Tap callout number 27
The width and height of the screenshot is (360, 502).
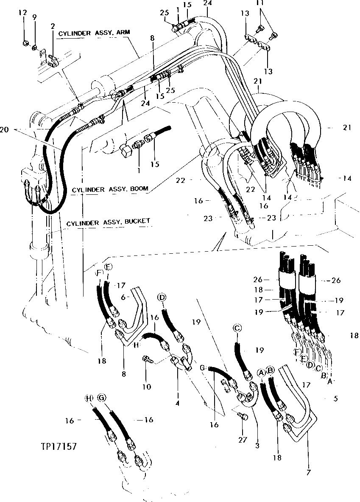[242, 440]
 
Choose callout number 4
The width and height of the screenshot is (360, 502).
[178, 402]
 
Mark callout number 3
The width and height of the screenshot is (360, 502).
[257, 446]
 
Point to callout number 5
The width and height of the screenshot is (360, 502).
[336, 399]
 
